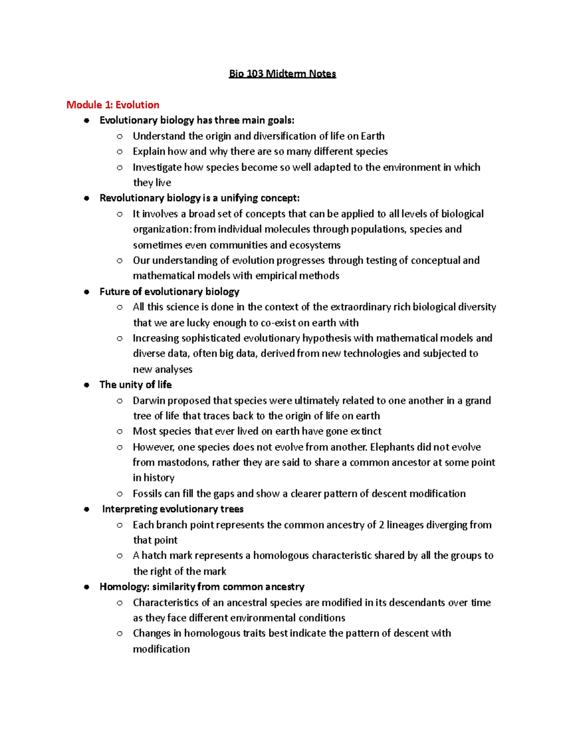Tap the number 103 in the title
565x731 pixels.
click(x=254, y=74)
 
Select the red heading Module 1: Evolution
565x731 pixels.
click(x=113, y=104)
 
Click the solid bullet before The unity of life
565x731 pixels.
click(x=86, y=385)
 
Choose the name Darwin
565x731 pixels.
click(x=149, y=401)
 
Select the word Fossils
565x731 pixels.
click(x=148, y=494)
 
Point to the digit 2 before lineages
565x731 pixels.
click(x=381, y=525)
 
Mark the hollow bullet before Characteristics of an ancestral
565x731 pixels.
click(x=120, y=602)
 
